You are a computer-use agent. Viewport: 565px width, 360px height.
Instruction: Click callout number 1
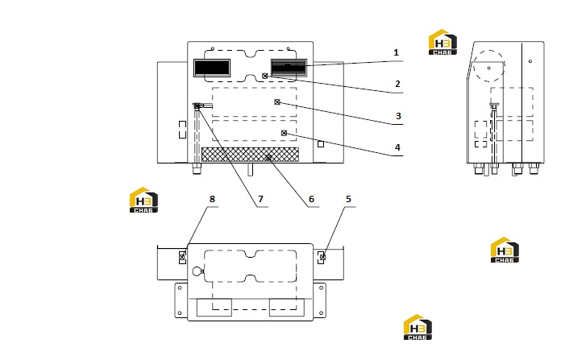pos(396,52)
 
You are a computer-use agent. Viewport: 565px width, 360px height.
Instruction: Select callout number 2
pos(397,84)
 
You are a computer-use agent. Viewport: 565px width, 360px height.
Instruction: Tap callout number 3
pos(398,116)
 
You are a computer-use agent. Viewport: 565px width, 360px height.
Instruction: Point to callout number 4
pos(397,147)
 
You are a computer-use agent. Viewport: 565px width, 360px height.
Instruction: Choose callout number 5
pos(348,199)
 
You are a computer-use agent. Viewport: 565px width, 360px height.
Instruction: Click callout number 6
pos(311,199)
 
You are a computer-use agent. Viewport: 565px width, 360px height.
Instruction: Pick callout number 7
pos(260,199)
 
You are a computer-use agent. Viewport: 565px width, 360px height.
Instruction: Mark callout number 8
pos(212,199)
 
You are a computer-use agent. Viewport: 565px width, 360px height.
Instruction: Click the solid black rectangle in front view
pos(212,68)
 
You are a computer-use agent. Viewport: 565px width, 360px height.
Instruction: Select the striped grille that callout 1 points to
pos(289,68)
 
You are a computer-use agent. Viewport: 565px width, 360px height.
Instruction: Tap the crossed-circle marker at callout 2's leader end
pos(265,76)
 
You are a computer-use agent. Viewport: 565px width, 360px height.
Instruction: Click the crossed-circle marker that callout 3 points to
pos(277,102)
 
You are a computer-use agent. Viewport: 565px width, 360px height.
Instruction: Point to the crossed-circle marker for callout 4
pos(284,133)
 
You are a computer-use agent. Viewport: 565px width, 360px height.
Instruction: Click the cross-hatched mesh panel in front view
pos(250,154)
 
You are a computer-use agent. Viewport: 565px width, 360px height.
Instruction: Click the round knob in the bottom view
pos(197,271)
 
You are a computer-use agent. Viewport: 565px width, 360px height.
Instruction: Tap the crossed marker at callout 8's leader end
pos(182,258)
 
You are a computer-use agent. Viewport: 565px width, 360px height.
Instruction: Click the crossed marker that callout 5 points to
pos(322,257)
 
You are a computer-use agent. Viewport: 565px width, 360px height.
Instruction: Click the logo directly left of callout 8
pos(143,200)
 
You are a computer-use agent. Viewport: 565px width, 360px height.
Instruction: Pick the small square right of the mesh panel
pos(321,144)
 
